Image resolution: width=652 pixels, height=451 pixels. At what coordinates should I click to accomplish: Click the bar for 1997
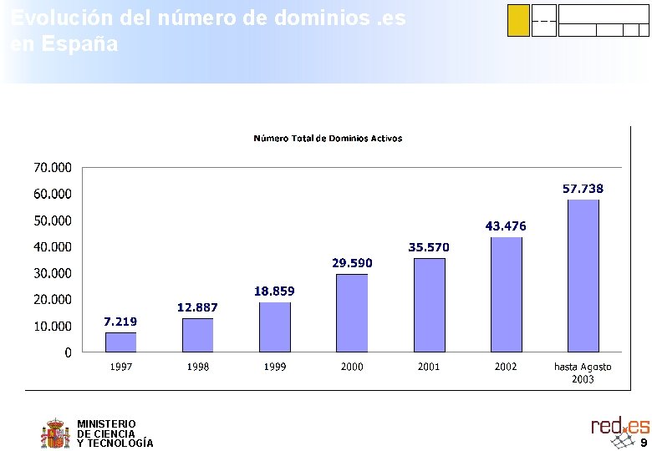click(x=120, y=342)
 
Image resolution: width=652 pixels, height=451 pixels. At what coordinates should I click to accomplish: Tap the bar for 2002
click(x=506, y=294)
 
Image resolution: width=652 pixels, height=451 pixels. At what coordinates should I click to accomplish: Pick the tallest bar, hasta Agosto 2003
click(x=583, y=275)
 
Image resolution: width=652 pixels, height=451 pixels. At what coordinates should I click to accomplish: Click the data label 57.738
click(x=583, y=189)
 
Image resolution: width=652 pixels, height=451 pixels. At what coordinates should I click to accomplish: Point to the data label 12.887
click(x=197, y=307)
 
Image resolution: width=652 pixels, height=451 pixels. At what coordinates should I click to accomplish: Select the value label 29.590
click(x=352, y=263)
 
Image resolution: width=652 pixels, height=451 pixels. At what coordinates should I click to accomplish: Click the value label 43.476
click(x=506, y=226)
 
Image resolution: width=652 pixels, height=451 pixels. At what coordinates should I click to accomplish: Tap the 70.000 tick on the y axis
click(x=52, y=168)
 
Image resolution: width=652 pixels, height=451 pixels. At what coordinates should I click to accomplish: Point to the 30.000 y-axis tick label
click(x=52, y=273)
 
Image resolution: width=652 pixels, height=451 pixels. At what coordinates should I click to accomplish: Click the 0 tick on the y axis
click(x=68, y=352)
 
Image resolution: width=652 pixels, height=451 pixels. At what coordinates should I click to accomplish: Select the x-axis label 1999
click(x=275, y=367)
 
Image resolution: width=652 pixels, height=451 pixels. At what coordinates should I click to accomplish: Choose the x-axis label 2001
click(x=429, y=367)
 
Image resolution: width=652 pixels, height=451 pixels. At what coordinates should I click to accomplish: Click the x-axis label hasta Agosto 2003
click(x=583, y=372)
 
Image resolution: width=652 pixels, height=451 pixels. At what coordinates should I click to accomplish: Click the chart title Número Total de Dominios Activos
click(x=328, y=138)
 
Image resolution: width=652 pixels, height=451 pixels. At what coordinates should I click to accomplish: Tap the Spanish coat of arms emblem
click(x=55, y=433)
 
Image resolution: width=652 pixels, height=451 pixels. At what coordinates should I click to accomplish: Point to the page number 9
click(x=644, y=442)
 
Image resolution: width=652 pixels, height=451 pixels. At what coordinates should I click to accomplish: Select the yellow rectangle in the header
click(x=518, y=21)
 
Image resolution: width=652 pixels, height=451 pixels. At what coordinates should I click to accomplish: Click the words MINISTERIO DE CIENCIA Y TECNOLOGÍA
click(x=115, y=433)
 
